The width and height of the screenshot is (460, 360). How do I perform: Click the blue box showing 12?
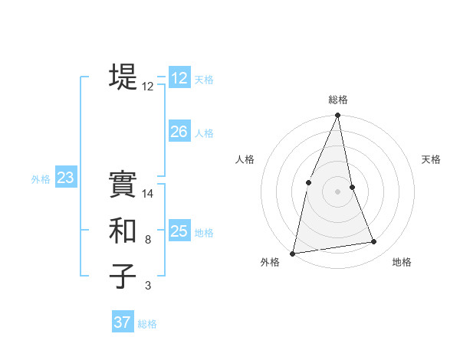point(179,77)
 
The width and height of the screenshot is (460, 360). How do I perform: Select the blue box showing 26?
point(179,132)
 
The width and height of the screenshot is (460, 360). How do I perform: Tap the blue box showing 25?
point(179,231)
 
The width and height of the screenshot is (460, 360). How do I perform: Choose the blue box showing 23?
point(65,178)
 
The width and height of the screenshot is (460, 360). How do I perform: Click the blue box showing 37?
point(123,322)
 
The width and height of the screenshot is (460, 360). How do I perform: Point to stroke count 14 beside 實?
point(148,195)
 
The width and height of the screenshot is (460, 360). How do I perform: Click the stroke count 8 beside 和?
point(148,240)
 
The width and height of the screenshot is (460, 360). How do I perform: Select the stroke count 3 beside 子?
point(148,286)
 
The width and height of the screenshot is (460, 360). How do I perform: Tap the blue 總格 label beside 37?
point(147,324)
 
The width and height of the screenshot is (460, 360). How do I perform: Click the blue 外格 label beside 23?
point(41,179)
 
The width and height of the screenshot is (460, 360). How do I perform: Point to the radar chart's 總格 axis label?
point(337,100)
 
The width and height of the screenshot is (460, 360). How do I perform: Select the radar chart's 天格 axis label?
point(432,159)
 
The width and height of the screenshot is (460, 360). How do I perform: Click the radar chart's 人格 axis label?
point(245,159)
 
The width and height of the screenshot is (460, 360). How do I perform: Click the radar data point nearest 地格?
point(374,242)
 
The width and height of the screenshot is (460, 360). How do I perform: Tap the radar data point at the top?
point(337,116)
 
